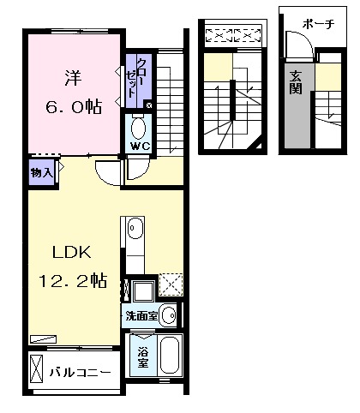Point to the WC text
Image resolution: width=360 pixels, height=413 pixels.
coord(139,147)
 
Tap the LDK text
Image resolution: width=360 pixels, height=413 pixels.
coord(72,253)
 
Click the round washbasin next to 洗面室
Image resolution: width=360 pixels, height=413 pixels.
coord(168,314)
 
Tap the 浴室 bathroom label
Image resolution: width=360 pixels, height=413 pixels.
coord(141,357)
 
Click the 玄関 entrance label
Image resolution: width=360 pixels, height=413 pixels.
coord(295,81)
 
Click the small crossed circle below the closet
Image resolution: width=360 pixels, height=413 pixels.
coord(149,105)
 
